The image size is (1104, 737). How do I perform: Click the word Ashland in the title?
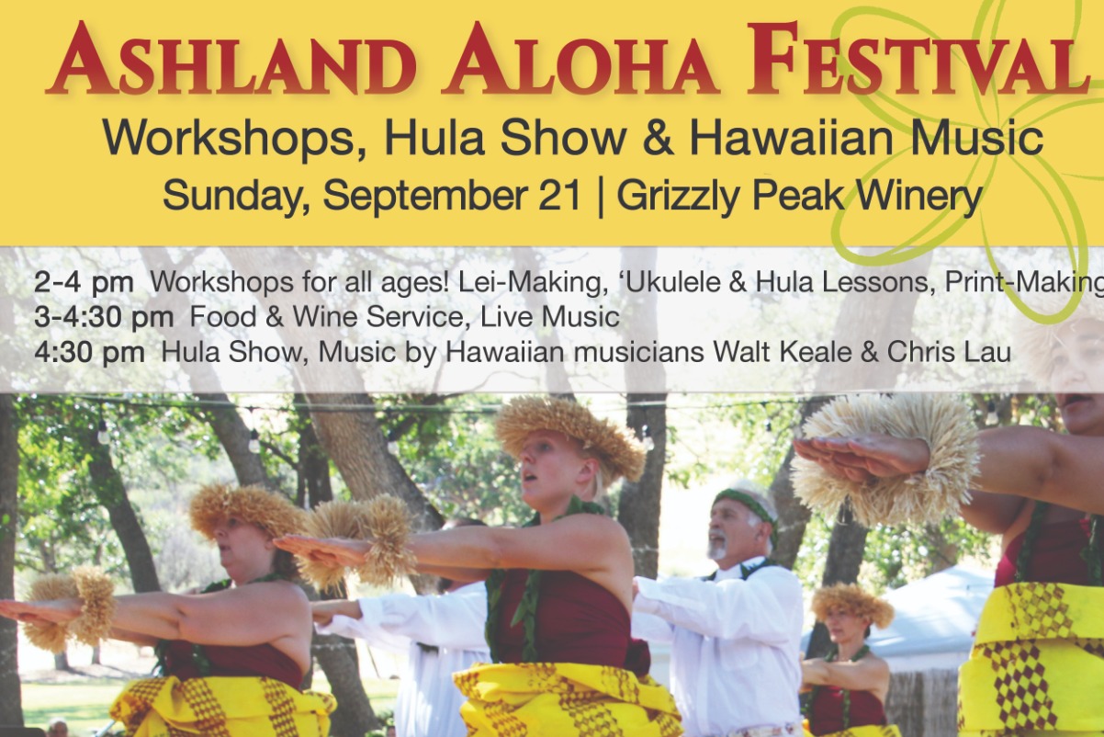[x=231, y=59]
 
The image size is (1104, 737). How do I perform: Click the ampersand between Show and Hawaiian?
[x=658, y=140]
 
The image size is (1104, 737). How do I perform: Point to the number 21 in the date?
[x=560, y=197]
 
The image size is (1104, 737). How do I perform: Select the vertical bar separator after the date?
[x=600, y=198]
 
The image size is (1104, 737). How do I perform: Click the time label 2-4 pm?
[x=84, y=283]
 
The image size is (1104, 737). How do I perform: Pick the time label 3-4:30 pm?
[x=104, y=317]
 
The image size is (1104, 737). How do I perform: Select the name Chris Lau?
[x=950, y=352]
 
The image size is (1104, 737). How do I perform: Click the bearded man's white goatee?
[x=717, y=545]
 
